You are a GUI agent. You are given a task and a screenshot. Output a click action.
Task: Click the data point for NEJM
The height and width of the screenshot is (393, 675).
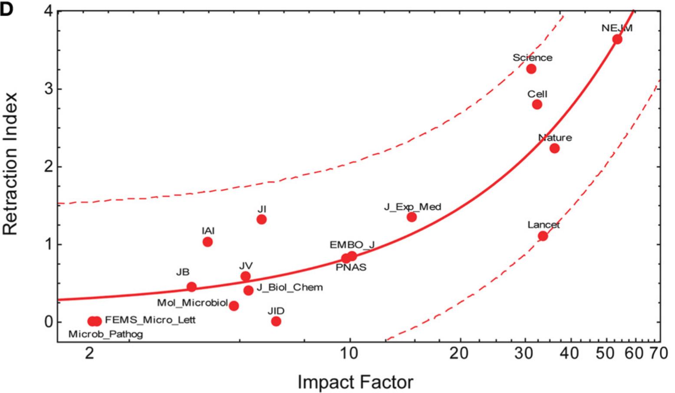pos(617,40)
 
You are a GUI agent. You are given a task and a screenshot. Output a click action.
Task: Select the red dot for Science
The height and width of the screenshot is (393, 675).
pos(531,69)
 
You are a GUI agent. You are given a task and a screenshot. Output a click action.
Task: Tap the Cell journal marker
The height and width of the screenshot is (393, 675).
pos(537,104)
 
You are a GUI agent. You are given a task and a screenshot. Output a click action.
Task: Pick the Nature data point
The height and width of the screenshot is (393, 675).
pos(554,148)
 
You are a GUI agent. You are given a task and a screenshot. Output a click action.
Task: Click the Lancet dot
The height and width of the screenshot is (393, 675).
pos(543,236)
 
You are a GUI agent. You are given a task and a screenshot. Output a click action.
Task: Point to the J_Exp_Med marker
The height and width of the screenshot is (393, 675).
pos(412,217)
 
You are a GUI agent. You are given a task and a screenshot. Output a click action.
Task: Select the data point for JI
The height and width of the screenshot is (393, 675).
pos(261,219)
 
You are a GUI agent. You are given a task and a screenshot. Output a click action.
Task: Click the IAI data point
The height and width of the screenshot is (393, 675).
pos(207,242)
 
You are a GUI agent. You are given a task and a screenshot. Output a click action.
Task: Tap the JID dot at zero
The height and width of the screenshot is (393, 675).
pos(276,321)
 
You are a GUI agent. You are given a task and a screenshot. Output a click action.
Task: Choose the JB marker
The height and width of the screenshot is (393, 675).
pos(191,287)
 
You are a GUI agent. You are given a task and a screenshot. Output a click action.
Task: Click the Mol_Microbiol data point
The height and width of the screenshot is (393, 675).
pos(234,306)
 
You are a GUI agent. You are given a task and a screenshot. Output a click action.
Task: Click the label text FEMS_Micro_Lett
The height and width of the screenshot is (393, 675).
pos(150,320)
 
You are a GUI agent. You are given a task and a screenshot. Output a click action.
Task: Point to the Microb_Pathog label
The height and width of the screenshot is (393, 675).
pos(105,334)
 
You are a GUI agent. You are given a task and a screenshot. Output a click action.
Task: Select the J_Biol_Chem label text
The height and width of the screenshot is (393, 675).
pos(290,287)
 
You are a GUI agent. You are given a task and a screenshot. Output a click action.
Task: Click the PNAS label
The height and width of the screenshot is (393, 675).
pos(351,268)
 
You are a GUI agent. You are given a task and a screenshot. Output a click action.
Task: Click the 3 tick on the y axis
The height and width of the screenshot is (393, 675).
pos(48,89)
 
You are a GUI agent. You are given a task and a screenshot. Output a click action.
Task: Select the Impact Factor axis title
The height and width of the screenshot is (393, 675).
pos(355,382)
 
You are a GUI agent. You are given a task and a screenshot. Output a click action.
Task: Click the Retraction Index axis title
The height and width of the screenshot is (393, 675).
pos(10,164)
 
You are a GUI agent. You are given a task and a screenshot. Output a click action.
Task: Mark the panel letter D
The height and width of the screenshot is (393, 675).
pos(7,10)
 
